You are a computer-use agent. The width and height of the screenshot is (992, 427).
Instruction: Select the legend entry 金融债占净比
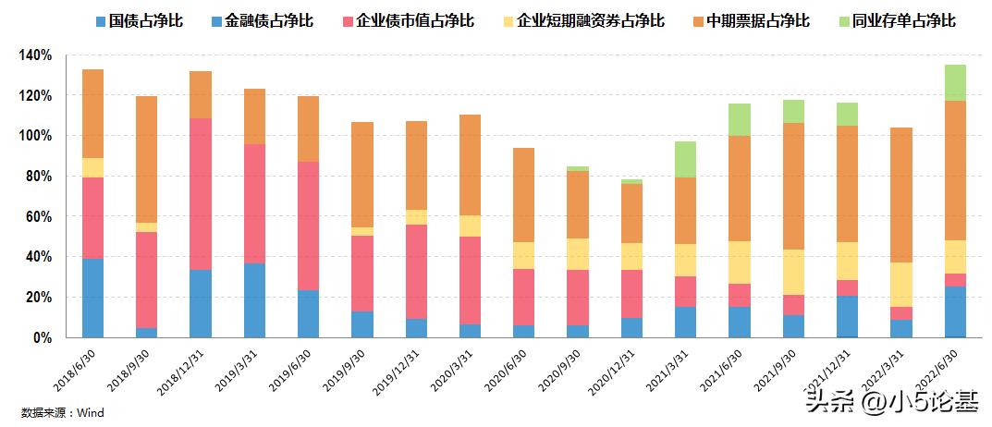(x=268, y=20)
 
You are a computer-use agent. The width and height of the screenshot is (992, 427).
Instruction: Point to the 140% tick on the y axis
(x=35, y=55)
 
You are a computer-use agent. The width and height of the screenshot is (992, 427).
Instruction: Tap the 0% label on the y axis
(x=42, y=338)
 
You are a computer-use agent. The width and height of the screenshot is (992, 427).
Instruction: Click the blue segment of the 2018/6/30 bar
(x=92, y=298)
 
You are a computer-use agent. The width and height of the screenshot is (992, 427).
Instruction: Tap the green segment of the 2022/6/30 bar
(x=956, y=82)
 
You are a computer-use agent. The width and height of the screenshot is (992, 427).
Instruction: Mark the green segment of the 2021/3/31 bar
(x=686, y=159)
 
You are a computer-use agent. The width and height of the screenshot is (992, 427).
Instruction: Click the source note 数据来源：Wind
(x=64, y=412)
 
